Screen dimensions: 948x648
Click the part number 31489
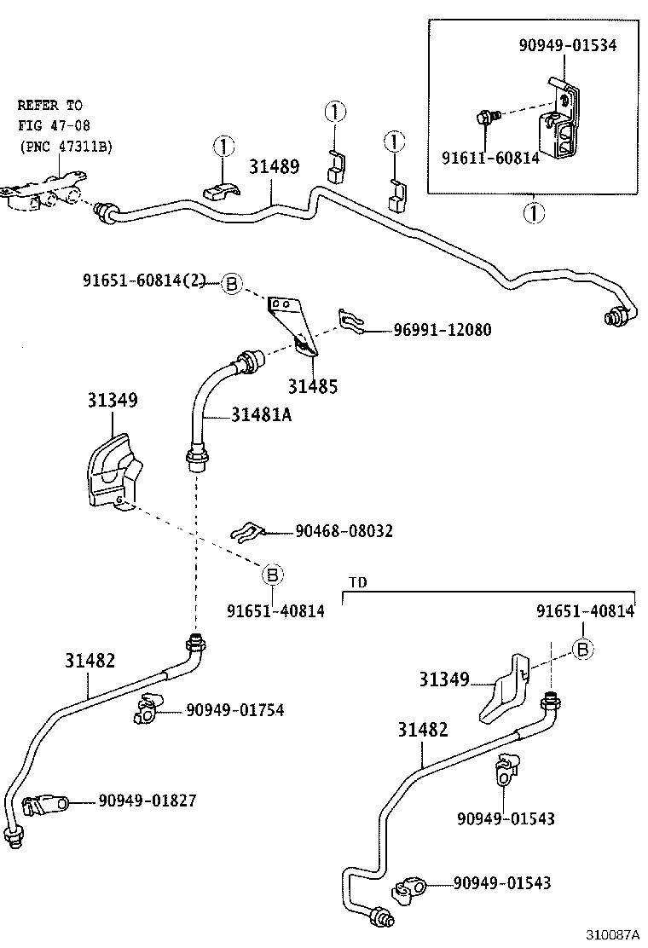tap(274, 166)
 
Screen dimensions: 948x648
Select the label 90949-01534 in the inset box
tap(567, 45)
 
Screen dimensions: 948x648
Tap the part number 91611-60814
tap(489, 157)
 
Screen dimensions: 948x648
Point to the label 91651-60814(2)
tap(144, 280)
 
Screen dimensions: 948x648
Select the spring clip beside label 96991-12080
tap(353, 321)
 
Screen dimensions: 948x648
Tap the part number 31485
tap(312, 386)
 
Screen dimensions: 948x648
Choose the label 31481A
tap(262, 415)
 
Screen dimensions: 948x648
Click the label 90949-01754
tap(234, 709)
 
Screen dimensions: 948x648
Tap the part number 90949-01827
tap(147, 801)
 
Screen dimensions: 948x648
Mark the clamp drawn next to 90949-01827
tap(43, 803)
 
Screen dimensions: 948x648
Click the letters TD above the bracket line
tap(358, 583)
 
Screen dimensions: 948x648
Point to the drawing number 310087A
tap(613, 936)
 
